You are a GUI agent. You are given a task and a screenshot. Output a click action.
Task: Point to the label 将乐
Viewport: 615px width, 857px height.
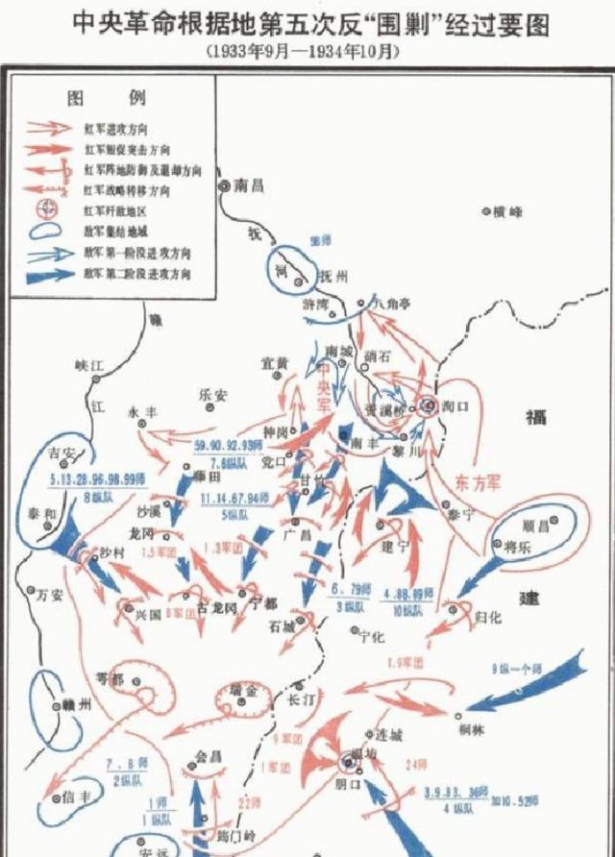tap(519, 545)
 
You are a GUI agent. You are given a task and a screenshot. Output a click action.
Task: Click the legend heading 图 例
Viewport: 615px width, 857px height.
tap(106, 99)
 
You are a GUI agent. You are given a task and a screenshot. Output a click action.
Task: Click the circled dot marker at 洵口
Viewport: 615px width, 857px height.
tap(427, 405)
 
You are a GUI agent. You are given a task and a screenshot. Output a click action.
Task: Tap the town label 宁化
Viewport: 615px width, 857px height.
tap(371, 635)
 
